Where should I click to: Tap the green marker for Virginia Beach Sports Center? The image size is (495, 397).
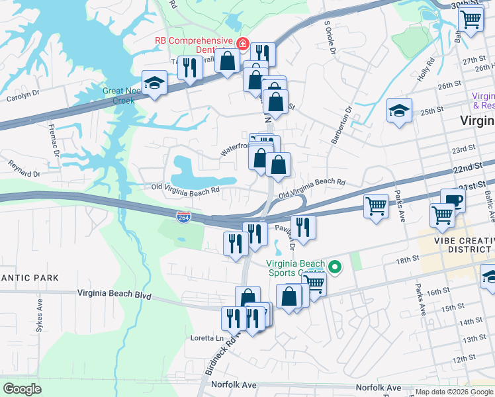(335, 267)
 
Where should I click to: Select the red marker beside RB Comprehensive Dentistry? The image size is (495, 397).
(243, 44)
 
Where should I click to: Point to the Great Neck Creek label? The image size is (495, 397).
(118, 96)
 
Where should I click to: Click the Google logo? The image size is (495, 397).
(22, 389)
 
